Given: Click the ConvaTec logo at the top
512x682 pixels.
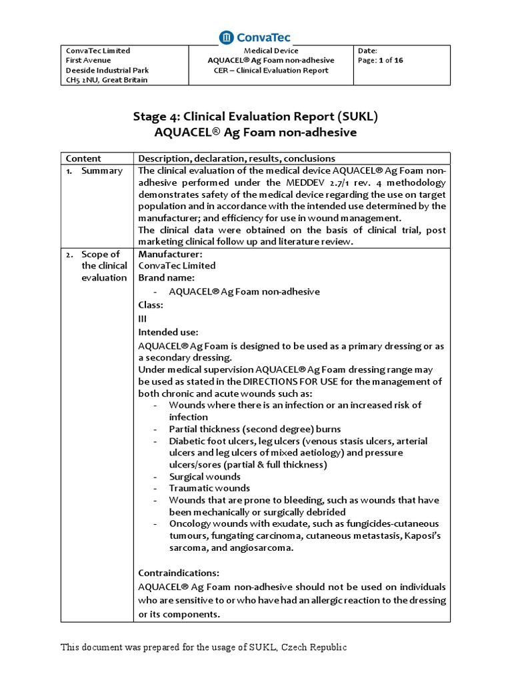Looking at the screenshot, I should tap(255, 37).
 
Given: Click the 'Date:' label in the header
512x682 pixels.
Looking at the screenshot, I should tap(368, 51).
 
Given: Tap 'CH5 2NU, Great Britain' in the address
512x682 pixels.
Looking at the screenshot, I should tap(107, 80).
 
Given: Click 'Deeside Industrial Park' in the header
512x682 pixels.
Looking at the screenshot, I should tap(107, 70).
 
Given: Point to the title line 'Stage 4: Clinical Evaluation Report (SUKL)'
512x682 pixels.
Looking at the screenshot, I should tap(255, 116).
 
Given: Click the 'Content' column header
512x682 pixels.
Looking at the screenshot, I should tap(83, 159).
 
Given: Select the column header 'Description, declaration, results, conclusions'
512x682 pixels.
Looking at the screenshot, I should tap(237, 159).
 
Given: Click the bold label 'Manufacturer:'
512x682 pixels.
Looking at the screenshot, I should tap(170, 254).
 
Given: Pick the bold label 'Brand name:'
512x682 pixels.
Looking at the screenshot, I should tap(166, 277).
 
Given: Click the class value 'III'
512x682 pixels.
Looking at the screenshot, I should tap(142, 318).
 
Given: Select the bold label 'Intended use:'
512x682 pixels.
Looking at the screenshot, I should tap(168, 332).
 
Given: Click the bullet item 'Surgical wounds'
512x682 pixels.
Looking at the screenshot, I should tap(205, 477).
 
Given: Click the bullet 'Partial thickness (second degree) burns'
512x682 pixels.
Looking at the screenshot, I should tap(255, 429).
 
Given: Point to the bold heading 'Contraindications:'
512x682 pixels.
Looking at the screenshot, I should tap(178, 573).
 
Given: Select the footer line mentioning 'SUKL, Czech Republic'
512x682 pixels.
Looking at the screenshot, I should tap(204, 647).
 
